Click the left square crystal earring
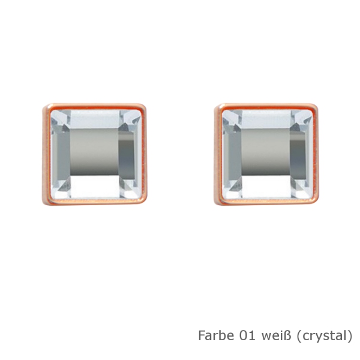pos(94,154)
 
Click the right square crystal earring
pos(266,154)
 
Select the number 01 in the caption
pos(247,335)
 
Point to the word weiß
pos(276,335)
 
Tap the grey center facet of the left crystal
pos(94,152)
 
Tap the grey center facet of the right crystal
pos(266,152)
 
